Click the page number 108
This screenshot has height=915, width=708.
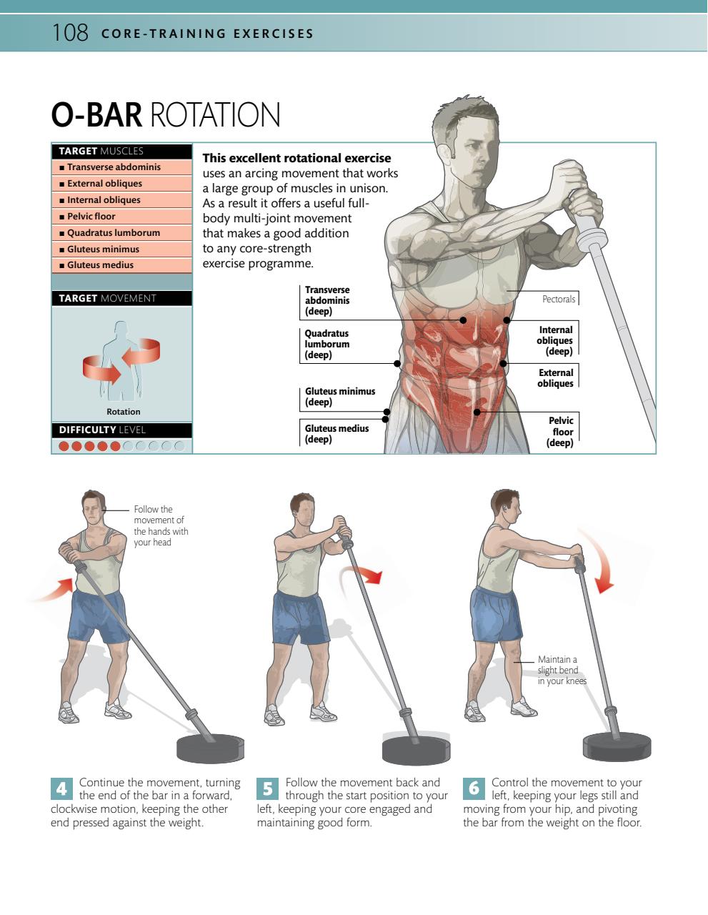click(x=70, y=33)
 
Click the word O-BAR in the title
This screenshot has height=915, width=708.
click(x=96, y=114)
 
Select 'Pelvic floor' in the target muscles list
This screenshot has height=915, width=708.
click(x=91, y=217)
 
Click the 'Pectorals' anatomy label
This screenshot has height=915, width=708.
click(x=558, y=299)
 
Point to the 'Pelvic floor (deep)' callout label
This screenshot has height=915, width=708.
click(x=560, y=432)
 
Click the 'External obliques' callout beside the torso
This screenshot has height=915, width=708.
click(x=555, y=377)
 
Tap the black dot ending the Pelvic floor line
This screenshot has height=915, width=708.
click(x=477, y=412)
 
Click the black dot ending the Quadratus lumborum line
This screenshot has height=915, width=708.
click(x=397, y=363)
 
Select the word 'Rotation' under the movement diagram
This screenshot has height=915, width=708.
click(x=124, y=412)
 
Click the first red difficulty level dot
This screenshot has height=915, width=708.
click(x=64, y=446)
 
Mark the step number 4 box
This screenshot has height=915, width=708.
click(x=61, y=788)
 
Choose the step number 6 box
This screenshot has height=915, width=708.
click(x=474, y=788)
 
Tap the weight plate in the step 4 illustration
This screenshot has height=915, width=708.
click(x=210, y=748)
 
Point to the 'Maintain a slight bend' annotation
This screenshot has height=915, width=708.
click(x=562, y=670)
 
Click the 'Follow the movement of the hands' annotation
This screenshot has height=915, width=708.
click(x=161, y=525)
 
